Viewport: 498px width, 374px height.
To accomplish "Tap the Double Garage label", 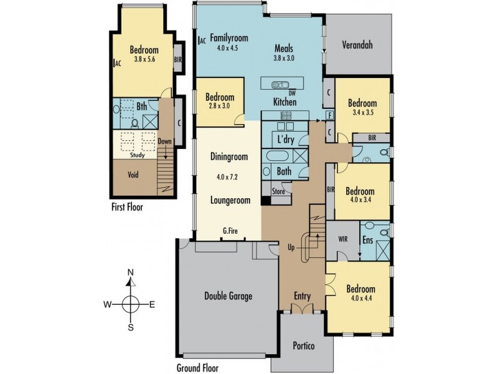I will click(x=228, y=296).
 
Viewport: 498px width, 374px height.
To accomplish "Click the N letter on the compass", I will click(x=130, y=272).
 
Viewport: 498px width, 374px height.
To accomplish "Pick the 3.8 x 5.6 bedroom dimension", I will click(x=143, y=60).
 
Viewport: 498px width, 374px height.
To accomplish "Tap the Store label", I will click(x=279, y=192).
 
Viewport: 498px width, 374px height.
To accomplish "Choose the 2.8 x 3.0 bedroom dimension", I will click(x=220, y=106).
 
